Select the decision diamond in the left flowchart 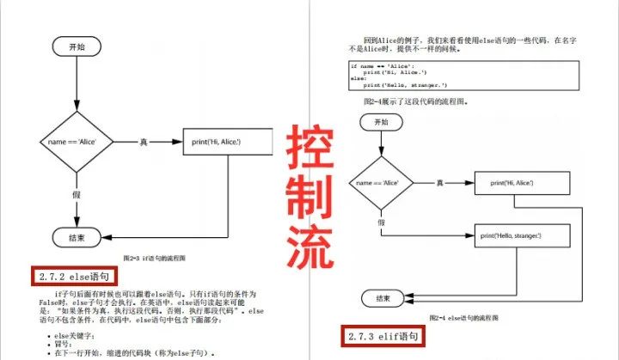77,141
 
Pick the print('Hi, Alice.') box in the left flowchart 227,141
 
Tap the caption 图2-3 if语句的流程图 155,257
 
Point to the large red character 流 309,247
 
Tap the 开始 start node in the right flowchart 382,123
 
